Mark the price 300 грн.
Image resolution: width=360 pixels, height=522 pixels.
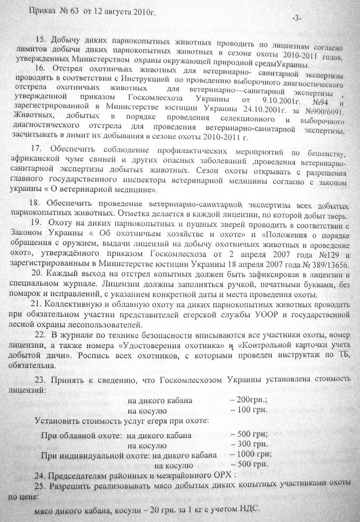(252, 444)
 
